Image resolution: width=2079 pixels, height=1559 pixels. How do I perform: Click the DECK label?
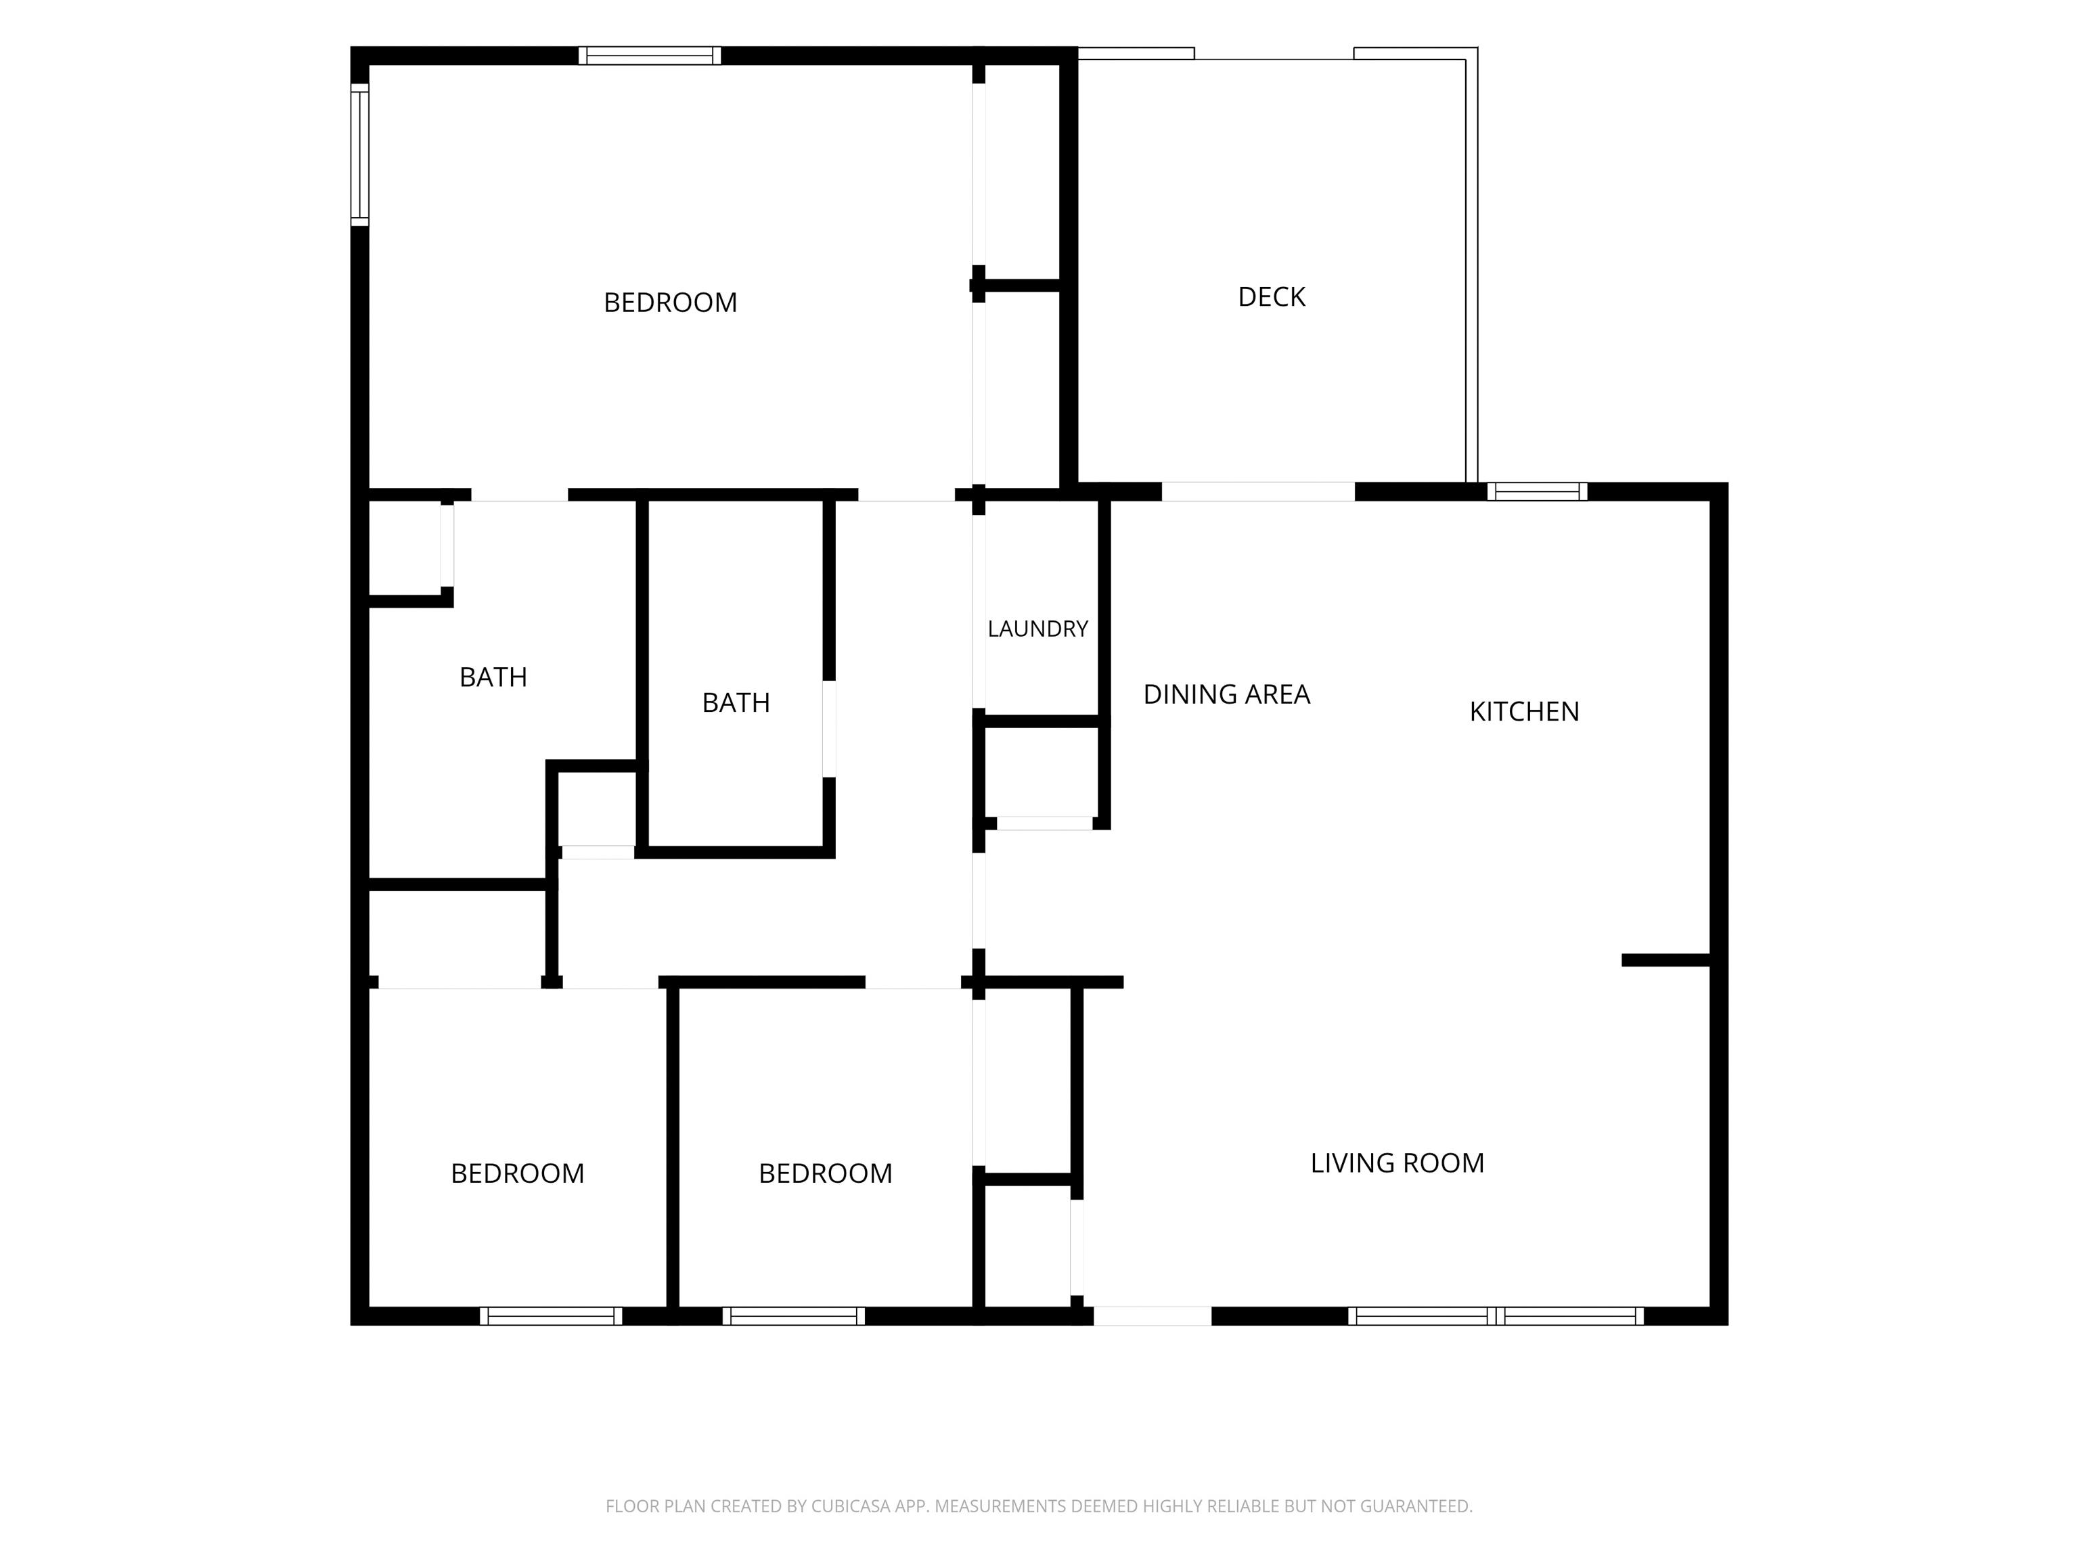1271,297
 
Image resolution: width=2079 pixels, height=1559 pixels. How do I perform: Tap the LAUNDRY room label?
1037,629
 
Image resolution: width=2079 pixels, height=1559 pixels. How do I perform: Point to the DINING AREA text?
1226,694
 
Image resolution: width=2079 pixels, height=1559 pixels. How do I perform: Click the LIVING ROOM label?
1397,1163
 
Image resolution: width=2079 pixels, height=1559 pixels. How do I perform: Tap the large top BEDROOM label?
670,302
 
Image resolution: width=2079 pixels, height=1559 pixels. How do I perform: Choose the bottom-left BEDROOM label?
517,1174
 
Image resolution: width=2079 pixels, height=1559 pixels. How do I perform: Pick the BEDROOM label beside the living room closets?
825,1174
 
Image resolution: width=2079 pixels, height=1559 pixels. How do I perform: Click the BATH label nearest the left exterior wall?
493,677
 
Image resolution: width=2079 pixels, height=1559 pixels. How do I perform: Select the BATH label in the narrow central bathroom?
736,703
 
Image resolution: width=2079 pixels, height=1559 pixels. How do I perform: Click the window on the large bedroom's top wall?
650,55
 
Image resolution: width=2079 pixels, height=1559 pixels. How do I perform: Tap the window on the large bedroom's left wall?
360,155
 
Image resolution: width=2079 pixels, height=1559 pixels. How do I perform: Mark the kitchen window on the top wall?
1537,491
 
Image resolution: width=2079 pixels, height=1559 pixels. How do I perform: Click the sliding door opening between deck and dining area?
1259,491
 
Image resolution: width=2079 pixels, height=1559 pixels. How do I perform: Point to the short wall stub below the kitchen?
1666,959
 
